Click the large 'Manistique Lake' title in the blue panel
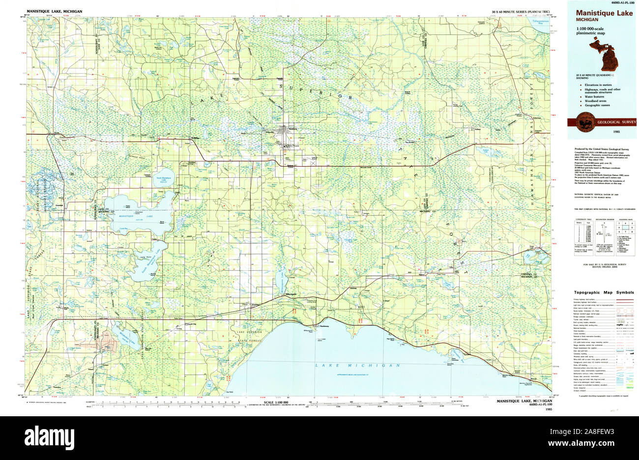point(597,11)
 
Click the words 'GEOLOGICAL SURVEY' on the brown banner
point(616,122)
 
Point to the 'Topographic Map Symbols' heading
point(604,292)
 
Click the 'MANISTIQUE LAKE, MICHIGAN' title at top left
point(55,11)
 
